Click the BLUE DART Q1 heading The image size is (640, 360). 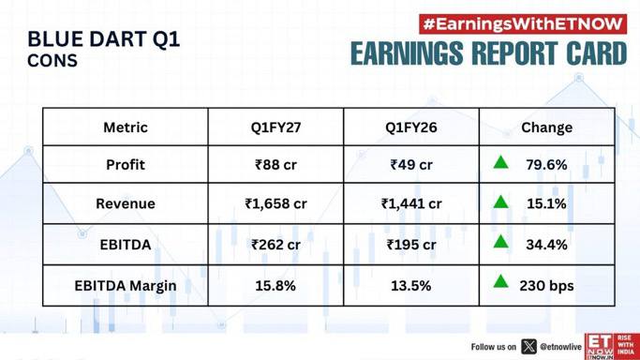click(x=104, y=39)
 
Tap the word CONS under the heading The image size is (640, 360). click(x=52, y=61)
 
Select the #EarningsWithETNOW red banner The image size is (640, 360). click(x=523, y=24)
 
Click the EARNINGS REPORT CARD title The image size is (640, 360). click(x=488, y=53)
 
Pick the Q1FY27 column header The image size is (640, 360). click(x=275, y=127)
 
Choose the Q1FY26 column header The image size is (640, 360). click(x=411, y=127)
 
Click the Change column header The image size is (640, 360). click(x=546, y=127)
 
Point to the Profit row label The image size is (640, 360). click(x=126, y=164)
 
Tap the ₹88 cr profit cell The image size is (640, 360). click(x=275, y=164)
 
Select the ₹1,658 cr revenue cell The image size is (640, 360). click(x=275, y=203)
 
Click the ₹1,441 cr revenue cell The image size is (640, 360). click(x=411, y=203)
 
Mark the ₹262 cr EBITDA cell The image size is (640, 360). click(x=275, y=245)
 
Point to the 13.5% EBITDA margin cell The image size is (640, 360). click(x=411, y=285)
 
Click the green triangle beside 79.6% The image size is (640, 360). click(x=500, y=163)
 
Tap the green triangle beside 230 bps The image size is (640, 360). click(x=500, y=282)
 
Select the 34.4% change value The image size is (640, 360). click(x=546, y=245)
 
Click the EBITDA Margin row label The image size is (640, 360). click(x=126, y=286)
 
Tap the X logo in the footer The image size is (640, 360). click(x=528, y=347)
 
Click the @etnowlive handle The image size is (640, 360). click(x=560, y=347)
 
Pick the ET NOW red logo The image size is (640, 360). click(x=612, y=347)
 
